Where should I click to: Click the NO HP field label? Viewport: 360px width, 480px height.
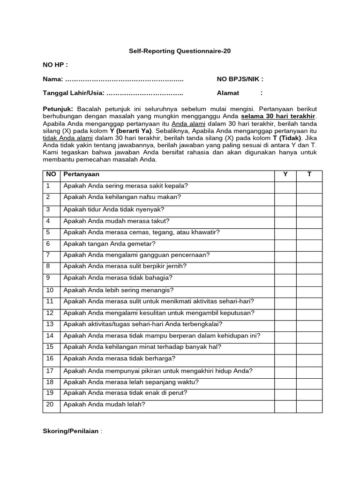55,64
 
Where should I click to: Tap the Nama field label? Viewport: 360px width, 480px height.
52,79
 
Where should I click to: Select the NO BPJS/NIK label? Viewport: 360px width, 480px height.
240,79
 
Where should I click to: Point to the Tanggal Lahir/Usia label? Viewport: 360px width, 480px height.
73,93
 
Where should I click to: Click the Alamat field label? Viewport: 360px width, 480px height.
228,93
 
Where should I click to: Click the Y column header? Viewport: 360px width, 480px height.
285,174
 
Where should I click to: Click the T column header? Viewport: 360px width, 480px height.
309,174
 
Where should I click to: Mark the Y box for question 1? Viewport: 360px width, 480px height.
285,186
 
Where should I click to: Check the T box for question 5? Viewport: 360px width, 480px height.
309,232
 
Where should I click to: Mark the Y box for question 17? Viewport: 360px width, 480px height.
285,371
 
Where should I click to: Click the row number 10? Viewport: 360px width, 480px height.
51,290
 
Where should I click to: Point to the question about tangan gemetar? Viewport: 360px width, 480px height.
109,244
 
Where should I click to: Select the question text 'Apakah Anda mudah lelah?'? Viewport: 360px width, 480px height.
104,404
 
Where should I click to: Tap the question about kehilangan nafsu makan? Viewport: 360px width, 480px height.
122,197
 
